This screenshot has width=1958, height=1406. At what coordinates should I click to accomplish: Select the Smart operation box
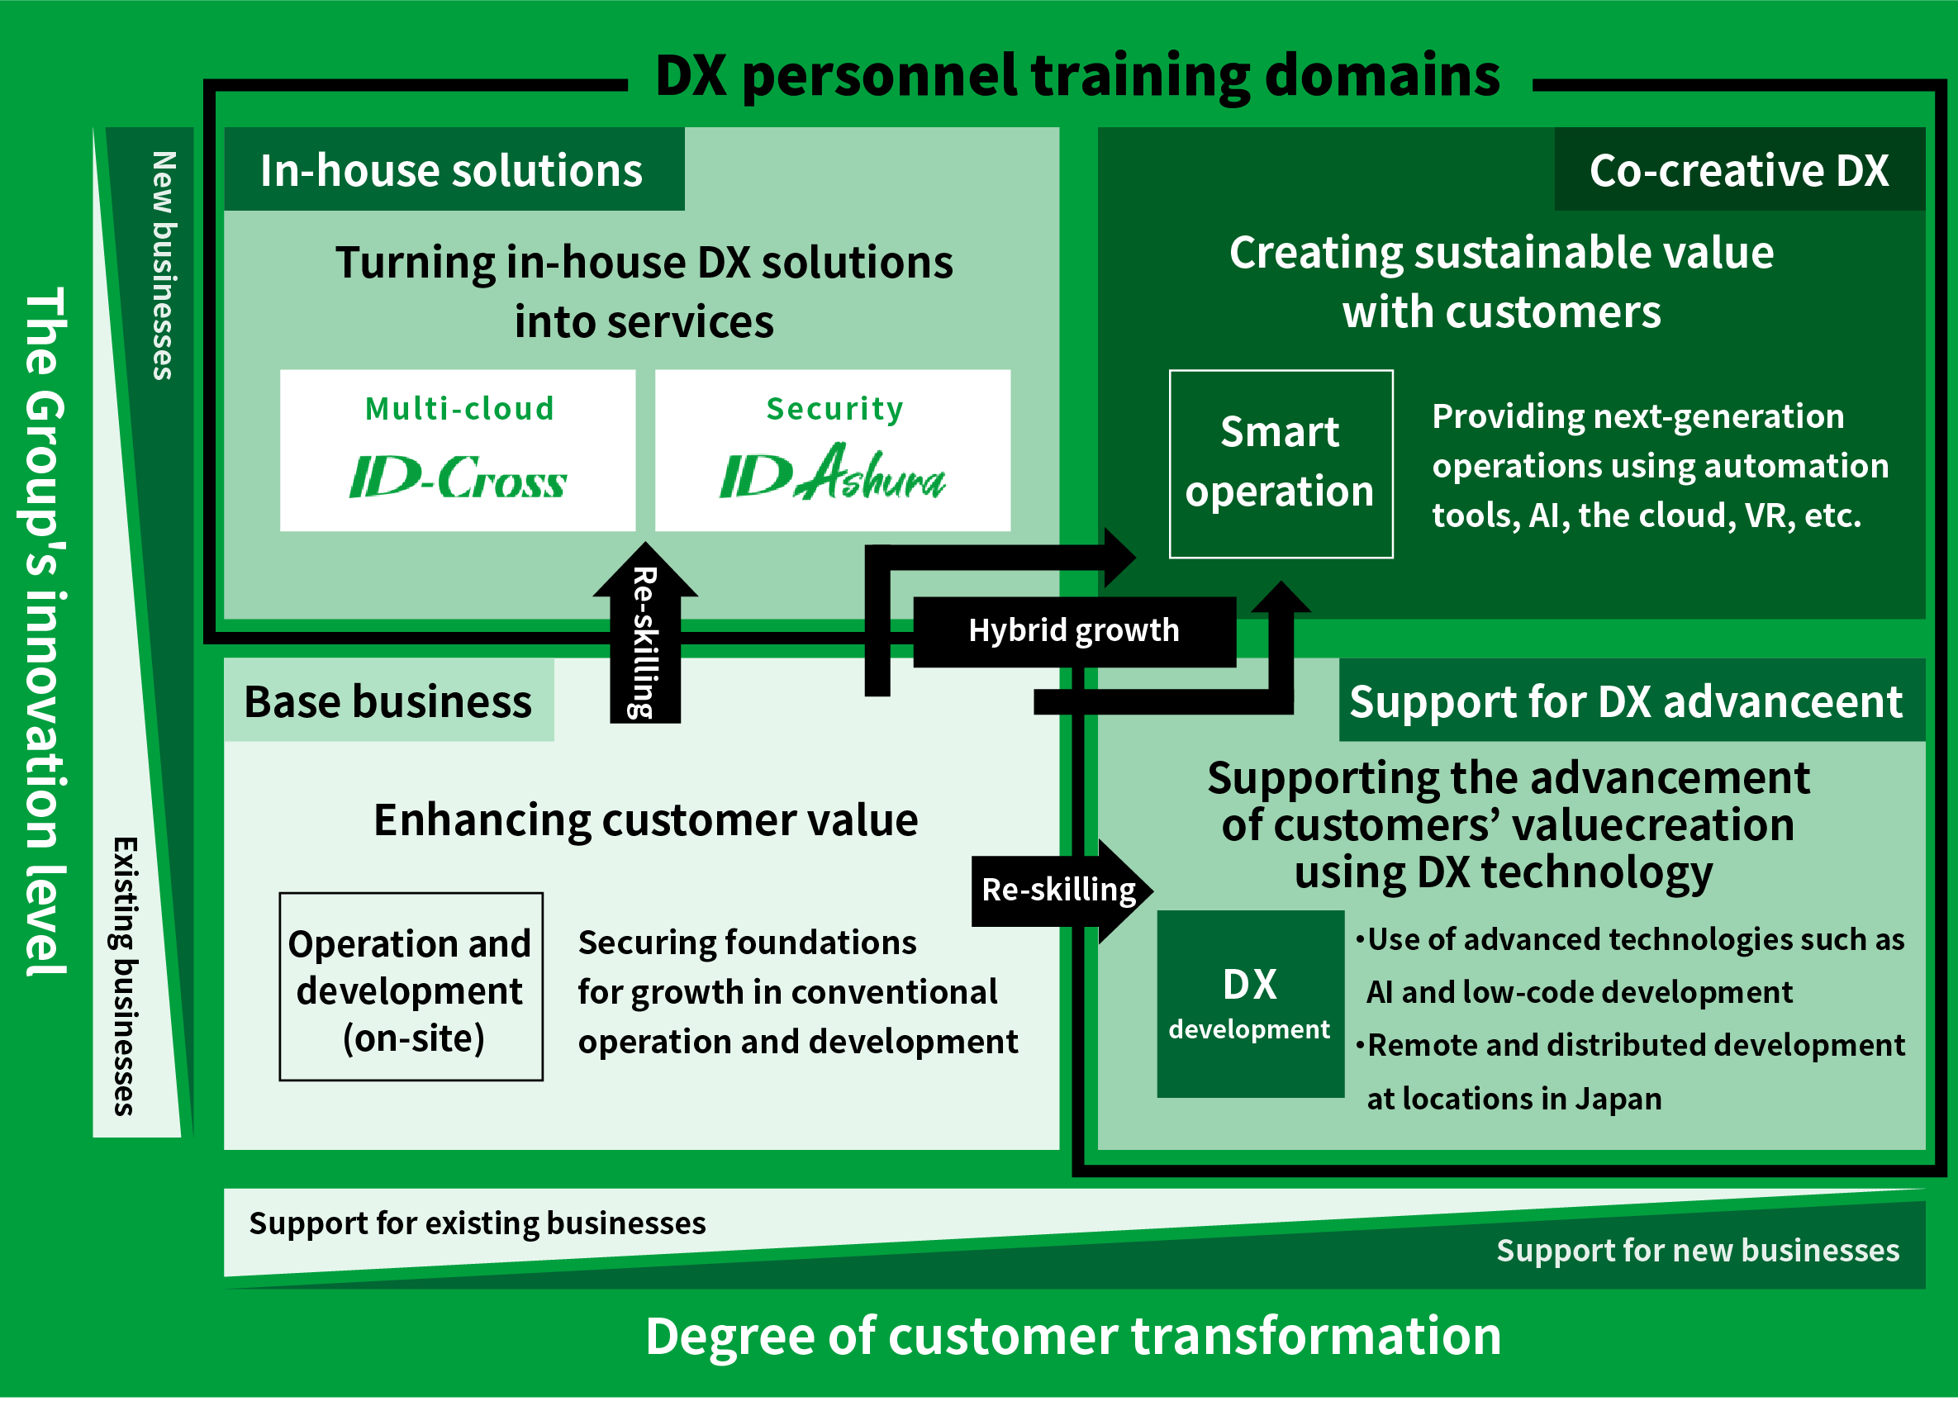coord(1281,464)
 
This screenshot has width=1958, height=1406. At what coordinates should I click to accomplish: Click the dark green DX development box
coord(1250,1004)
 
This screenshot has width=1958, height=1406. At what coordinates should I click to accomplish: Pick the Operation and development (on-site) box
coord(411,986)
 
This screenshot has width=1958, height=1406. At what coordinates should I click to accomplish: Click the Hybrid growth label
coord(1074,631)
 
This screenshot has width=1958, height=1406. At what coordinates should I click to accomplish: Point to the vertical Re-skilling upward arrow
coord(645,633)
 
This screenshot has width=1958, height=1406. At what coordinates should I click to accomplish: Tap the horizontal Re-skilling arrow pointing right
coord(1062,891)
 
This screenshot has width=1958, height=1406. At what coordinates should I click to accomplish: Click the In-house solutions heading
coord(452,170)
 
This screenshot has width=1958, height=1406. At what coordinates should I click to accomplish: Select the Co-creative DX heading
coord(1739,170)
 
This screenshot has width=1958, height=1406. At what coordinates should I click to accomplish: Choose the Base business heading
coord(387,701)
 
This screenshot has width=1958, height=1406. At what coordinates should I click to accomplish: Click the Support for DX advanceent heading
coord(1626,701)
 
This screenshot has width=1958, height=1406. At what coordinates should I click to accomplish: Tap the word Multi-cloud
coord(459,408)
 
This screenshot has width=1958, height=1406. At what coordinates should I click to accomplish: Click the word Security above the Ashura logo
coord(834,409)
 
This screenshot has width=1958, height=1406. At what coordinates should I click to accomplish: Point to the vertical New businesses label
coord(164,266)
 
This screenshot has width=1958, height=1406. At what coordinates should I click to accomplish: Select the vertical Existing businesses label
coord(126,976)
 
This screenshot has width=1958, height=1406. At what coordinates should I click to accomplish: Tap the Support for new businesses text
coord(1697,1251)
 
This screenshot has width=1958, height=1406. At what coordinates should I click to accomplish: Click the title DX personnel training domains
coord(1077,76)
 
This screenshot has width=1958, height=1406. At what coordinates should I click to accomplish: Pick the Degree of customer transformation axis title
coord(1073,1336)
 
